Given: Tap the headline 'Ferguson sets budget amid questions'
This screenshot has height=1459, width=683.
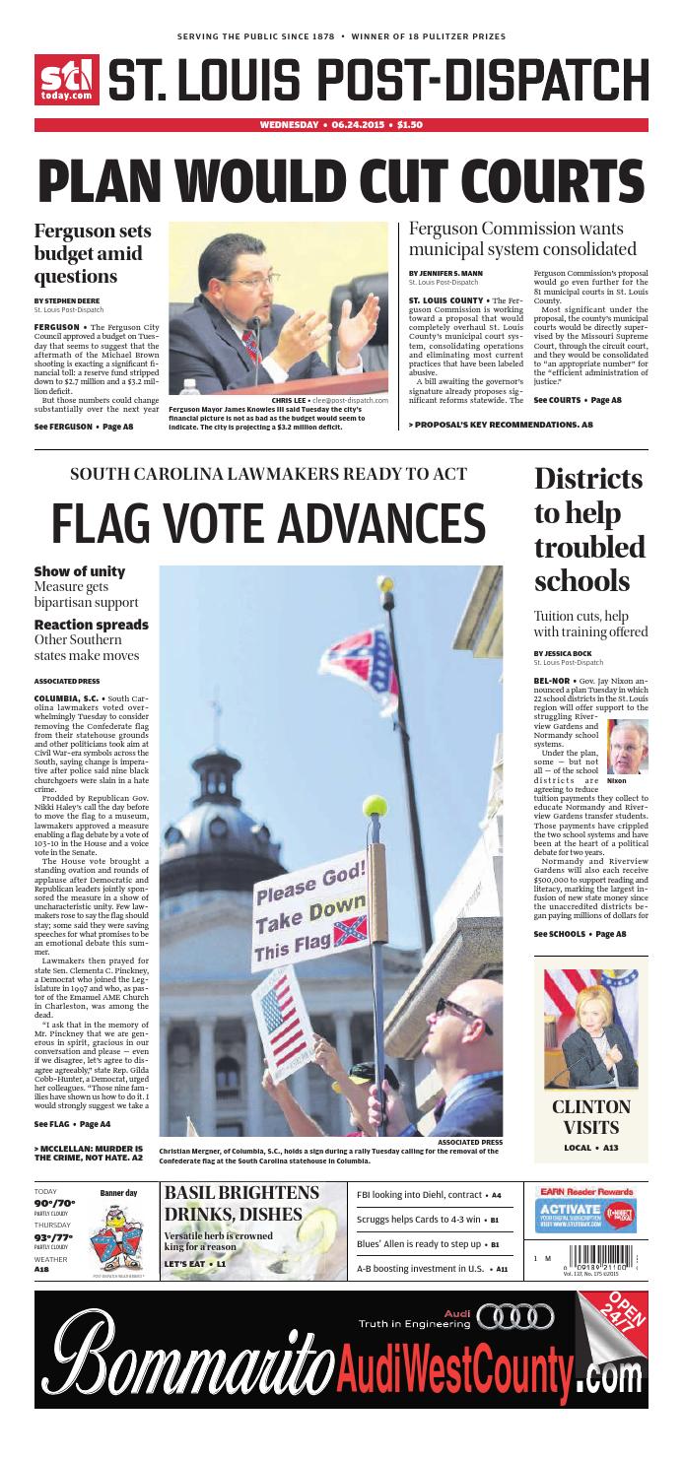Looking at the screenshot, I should [94, 252].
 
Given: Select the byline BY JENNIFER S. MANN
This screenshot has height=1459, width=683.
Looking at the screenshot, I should [445, 273].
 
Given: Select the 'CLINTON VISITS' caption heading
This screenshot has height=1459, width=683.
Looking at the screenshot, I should [590, 1116].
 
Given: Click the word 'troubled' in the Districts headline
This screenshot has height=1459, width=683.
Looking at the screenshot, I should [589, 547].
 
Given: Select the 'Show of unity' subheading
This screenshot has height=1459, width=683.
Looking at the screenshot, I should [80, 571].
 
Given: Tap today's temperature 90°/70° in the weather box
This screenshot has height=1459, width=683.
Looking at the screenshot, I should [56, 1204].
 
